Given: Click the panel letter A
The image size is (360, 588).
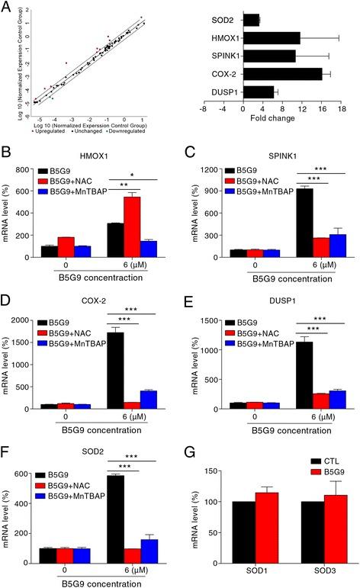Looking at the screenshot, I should tap(5, 5).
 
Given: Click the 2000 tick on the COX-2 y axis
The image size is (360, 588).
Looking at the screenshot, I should tap(34, 314).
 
